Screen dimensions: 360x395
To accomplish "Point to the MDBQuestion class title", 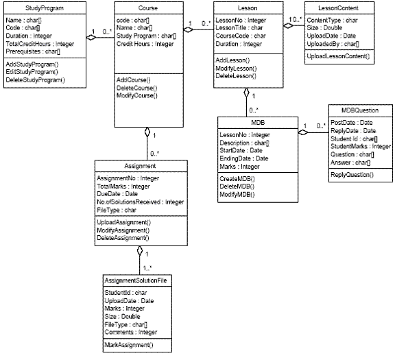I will click(x=359, y=110).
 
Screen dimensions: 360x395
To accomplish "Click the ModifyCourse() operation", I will click(x=137, y=96).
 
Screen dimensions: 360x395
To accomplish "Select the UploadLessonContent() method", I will click(x=339, y=54).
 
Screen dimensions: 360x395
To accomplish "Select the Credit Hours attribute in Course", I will click(x=145, y=44).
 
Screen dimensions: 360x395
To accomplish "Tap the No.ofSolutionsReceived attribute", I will click(x=141, y=202).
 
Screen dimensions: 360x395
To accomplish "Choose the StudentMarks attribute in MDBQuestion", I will click(x=361, y=146).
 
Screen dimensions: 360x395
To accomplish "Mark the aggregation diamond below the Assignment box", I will click(x=139, y=251).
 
